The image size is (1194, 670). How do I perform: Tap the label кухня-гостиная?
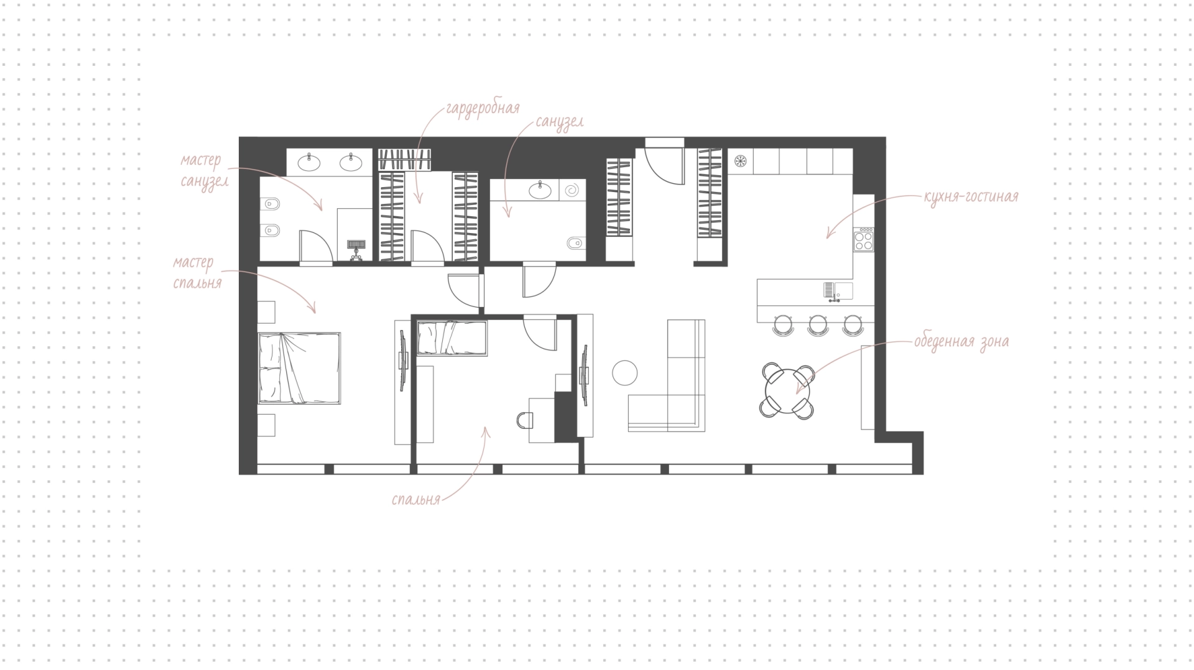(x=971, y=197)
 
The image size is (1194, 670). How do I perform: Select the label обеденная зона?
(x=961, y=342)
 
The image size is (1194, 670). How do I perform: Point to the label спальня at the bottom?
(x=416, y=500)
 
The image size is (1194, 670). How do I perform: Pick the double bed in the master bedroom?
(x=299, y=369)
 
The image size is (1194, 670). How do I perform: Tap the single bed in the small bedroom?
(x=451, y=338)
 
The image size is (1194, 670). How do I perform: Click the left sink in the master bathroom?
(x=309, y=163)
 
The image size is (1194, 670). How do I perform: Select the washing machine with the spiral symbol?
(x=573, y=190)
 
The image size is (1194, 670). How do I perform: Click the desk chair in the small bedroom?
(x=525, y=421)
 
